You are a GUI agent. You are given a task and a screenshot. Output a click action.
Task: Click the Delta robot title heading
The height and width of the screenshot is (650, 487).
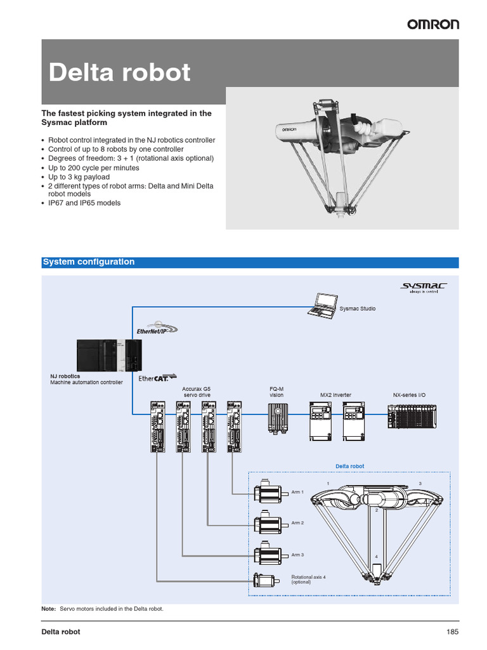point(120,72)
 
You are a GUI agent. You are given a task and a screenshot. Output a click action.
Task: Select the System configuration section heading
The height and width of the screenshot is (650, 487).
point(88,262)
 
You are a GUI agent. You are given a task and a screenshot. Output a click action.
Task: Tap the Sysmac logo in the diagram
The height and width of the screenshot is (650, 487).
point(423,288)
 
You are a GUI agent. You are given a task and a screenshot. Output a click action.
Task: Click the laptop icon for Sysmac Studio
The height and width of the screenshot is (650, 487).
point(321,305)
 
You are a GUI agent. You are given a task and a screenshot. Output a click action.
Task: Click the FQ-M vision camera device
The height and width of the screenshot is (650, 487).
point(277,419)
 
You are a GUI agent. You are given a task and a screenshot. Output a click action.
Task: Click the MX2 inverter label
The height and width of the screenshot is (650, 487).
point(335,395)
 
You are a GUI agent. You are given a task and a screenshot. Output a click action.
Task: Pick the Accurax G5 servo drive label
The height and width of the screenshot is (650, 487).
point(196,392)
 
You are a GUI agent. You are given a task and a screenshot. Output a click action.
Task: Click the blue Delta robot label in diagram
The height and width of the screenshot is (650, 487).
point(350,466)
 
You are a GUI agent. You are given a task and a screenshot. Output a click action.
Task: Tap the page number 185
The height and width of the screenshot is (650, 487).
point(451,632)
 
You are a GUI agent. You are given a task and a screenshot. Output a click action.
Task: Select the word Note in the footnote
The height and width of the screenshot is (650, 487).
point(48,609)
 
